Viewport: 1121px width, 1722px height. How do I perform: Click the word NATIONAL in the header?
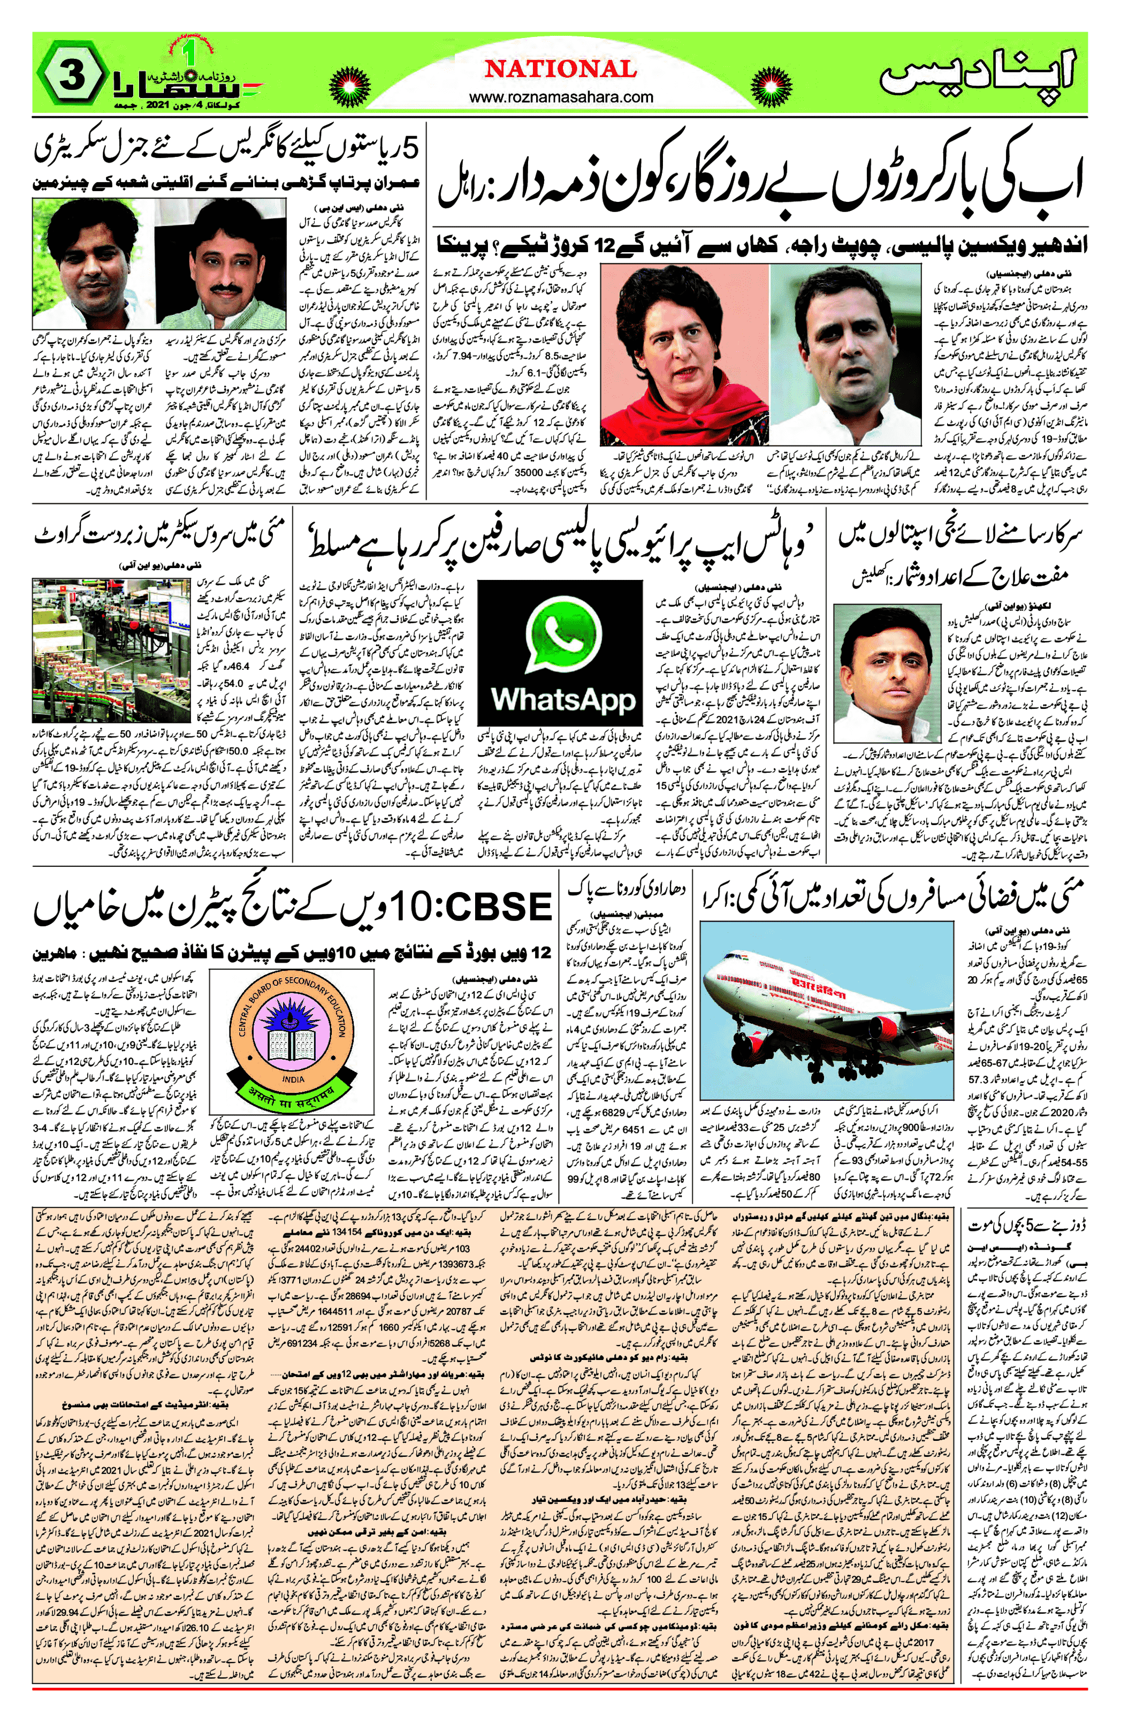[x=561, y=70]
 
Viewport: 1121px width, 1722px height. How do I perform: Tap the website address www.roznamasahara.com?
[x=561, y=97]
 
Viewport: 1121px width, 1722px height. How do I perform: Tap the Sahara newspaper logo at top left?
[x=177, y=80]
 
